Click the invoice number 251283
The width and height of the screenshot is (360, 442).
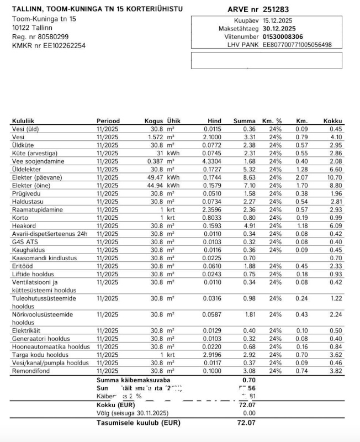276,9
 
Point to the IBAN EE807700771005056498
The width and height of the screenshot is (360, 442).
297,44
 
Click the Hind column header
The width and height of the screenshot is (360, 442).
214,121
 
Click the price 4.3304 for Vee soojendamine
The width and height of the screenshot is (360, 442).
212,161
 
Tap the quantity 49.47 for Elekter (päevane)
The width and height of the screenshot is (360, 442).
156,177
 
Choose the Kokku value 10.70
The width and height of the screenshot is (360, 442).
334,177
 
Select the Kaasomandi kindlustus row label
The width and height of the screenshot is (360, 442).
44,258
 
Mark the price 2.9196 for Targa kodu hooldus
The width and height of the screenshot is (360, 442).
212,355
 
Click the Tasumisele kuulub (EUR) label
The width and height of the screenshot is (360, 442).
138,423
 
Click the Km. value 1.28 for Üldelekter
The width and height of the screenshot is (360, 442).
301,169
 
